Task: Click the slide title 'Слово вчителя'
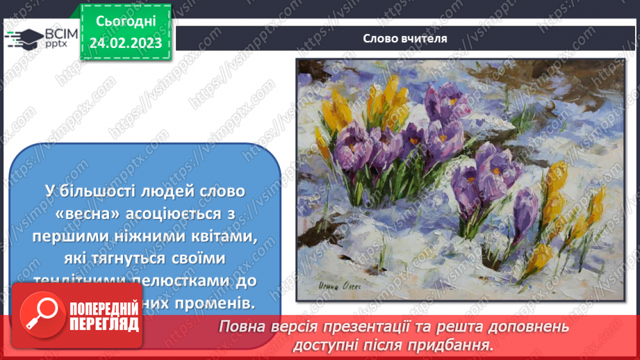(x=404, y=38)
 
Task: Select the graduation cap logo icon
(x=23, y=38)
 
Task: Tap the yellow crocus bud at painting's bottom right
(x=539, y=259)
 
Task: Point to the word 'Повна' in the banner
(x=242, y=327)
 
